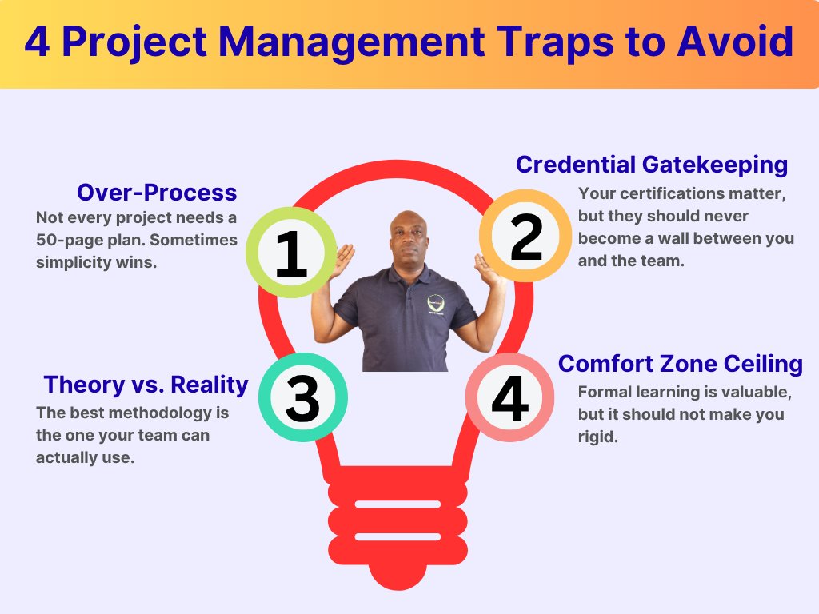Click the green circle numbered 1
pyautogui.click(x=291, y=253)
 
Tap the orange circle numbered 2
pyautogui.click(x=525, y=236)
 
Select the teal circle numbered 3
pyautogui.click(x=302, y=397)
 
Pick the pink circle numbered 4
pyautogui.click(x=509, y=397)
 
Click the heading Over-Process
pyautogui.click(x=157, y=193)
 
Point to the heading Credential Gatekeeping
pyautogui.click(x=651, y=165)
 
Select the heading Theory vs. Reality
pyautogui.click(x=146, y=385)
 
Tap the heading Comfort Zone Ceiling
pyautogui.click(x=680, y=364)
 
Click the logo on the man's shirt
pyautogui.click(x=436, y=304)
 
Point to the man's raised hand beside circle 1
pyautogui.click(x=345, y=260)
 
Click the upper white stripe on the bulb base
pyautogui.click(x=396, y=504)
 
